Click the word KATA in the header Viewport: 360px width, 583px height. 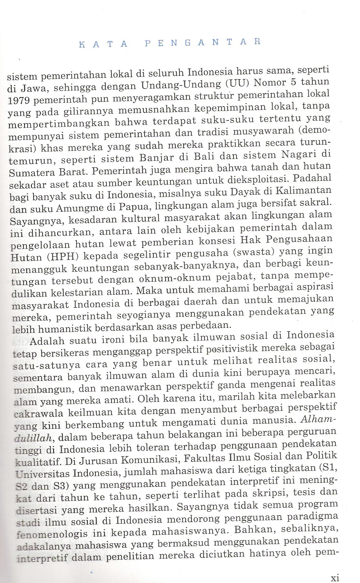103,44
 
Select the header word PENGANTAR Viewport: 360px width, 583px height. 203,42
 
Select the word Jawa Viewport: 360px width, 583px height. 34,89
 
